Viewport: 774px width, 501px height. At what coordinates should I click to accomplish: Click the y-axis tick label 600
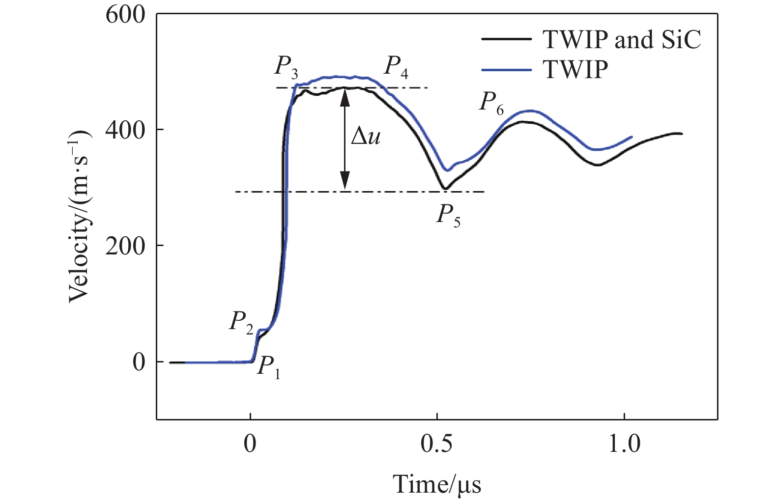point(125,15)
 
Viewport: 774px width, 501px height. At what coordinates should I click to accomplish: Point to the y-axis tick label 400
point(125,130)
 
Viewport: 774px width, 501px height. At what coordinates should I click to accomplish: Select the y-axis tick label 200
point(125,246)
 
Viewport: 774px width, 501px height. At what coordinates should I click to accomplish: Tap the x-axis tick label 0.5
point(437,444)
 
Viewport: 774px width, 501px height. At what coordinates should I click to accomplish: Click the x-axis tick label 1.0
point(624,444)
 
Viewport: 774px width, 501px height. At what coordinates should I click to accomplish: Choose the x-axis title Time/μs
point(437,484)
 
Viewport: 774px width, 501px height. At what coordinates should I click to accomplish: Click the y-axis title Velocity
point(79,216)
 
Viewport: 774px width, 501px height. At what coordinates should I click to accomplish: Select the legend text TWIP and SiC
point(622,39)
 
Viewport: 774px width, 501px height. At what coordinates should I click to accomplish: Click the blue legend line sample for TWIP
point(506,70)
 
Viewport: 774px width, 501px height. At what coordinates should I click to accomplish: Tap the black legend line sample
point(506,39)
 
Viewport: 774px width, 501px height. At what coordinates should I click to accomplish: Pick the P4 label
point(396,67)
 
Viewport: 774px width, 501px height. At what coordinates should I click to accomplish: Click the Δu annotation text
point(366,136)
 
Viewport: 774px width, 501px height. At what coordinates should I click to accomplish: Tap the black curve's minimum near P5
point(445,188)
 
